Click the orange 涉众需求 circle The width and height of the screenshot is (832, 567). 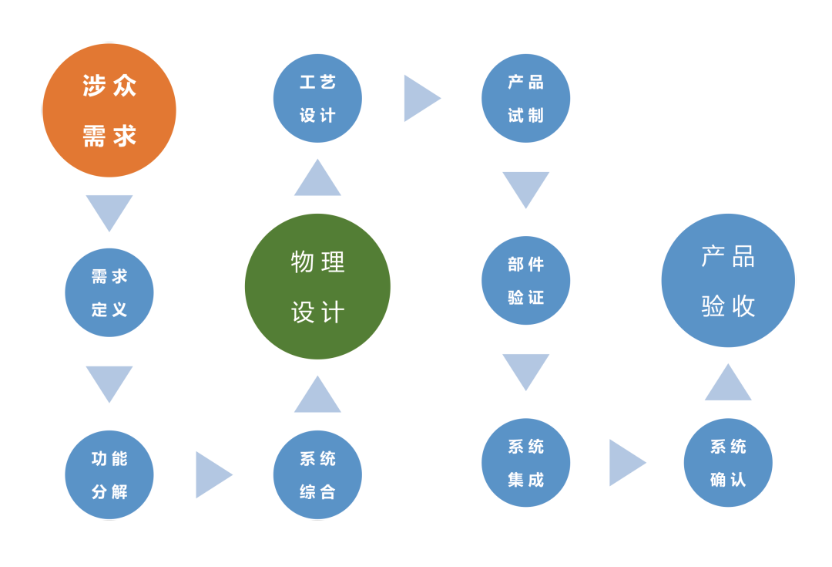coord(109,110)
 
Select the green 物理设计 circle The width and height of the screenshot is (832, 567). coord(317,286)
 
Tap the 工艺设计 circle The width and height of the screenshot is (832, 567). coord(317,98)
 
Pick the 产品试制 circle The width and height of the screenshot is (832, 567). coord(525,98)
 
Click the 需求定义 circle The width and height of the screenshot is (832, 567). coord(109,292)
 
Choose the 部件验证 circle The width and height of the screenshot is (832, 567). coord(525,280)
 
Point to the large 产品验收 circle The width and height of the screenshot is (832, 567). coord(728,280)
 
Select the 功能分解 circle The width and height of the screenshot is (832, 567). coord(109,474)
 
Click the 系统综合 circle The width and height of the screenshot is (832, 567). coord(317,474)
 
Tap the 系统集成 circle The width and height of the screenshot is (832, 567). coord(525,462)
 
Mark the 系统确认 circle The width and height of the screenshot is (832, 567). coord(728,462)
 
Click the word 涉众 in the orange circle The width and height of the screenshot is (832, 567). coord(109,86)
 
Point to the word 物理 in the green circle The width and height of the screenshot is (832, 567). coord(317,262)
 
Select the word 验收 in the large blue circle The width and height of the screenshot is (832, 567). coord(728,305)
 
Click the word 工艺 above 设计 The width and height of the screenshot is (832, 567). coord(317,82)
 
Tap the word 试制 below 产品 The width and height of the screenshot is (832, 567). coord(525,115)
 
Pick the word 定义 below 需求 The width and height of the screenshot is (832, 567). coord(109,309)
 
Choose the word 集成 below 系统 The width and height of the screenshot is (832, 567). coord(525,479)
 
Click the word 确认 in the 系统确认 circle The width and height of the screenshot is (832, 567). coord(728,479)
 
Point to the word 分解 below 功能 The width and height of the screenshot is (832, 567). coord(109,491)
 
